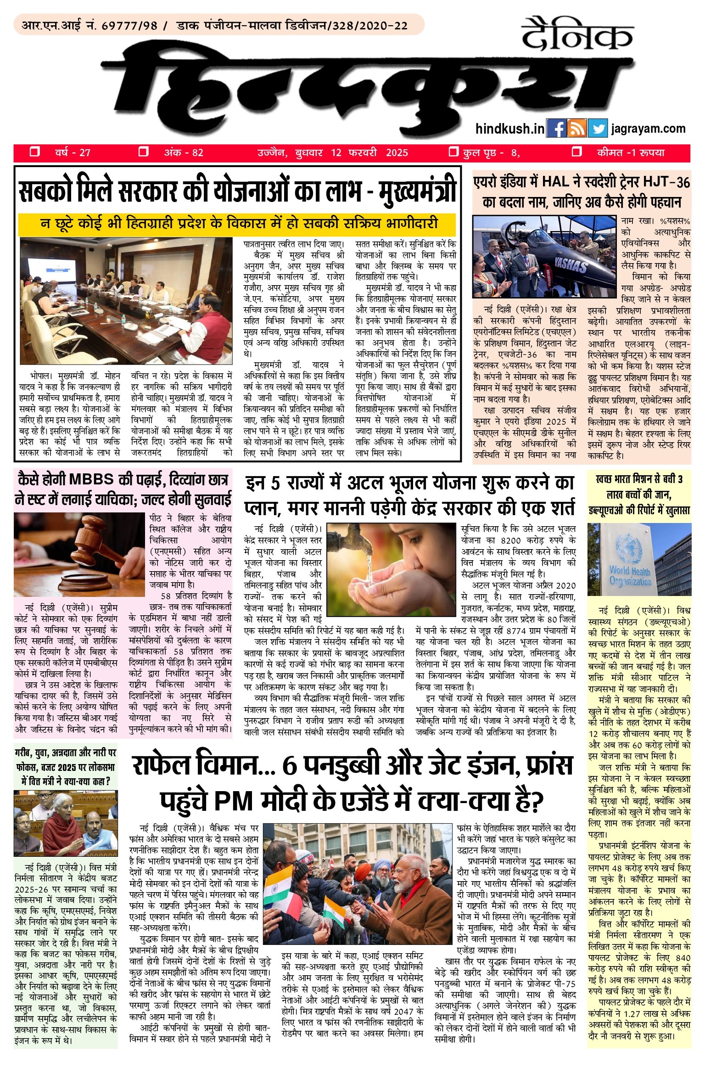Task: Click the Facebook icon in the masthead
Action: pos(557,129)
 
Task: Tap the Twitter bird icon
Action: pos(597,129)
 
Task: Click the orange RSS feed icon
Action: pos(577,129)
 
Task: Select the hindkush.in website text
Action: pos(509,129)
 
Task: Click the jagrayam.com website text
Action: pos(648,129)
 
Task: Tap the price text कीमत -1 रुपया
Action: pos(631,153)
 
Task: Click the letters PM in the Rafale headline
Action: pos(234,801)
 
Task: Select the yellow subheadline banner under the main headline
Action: pos(237,224)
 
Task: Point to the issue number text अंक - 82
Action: pos(184,153)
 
